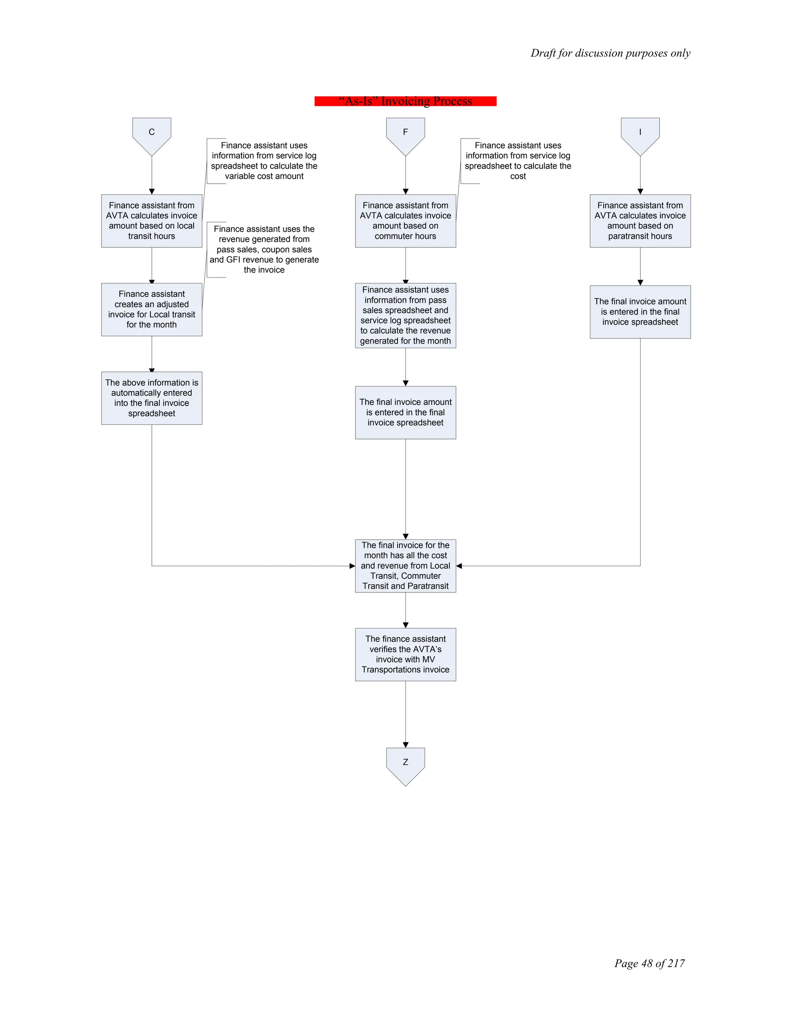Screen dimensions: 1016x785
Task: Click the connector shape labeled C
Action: click(x=152, y=135)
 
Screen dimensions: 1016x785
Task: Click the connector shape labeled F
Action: click(x=406, y=135)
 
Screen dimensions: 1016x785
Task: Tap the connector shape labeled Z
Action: click(x=406, y=765)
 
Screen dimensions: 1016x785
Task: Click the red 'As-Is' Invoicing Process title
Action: click(x=406, y=101)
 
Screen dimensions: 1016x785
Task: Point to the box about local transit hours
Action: click(x=152, y=220)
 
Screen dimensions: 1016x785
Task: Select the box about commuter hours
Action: click(x=406, y=220)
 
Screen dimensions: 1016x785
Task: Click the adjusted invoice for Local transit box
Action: click(x=152, y=309)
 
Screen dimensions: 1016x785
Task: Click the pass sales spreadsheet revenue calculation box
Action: click(x=406, y=316)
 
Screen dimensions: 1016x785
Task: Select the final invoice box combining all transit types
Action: click(x=406, y=566)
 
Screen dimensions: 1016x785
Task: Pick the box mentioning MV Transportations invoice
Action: click(x=406, y=654)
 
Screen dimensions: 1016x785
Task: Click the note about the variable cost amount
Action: click(x=264, y=161)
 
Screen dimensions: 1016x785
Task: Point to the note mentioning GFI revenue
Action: click(x=264, y=249)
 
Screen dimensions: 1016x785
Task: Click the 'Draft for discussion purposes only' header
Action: click(x=610, y=53)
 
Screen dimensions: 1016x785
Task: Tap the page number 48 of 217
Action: click(x=649, y=963)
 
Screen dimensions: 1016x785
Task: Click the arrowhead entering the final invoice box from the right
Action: click(x=459, y=566)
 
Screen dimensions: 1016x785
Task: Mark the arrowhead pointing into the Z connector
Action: click(x=406, y=745)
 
